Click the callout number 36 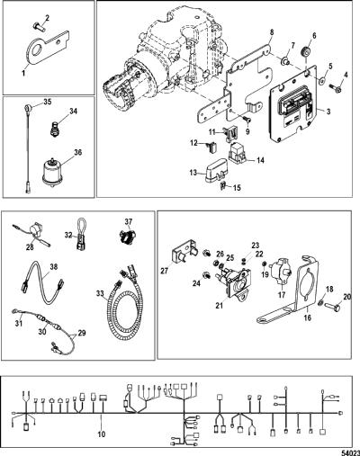click(x=77, y=153)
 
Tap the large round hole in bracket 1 click(x=36, y=50)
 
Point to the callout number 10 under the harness click(x=102, y=434)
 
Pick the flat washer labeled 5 click(x=322, y=80)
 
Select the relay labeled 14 click(x=238, y=152)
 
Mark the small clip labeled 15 click(x=224, y=186)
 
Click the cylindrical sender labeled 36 click(x=53, y=172)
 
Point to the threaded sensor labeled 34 click(x=55, y=130)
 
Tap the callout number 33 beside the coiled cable click(x=101, y=291)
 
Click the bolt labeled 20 click(x=333, y=308)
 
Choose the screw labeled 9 click(x=246, y=120)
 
